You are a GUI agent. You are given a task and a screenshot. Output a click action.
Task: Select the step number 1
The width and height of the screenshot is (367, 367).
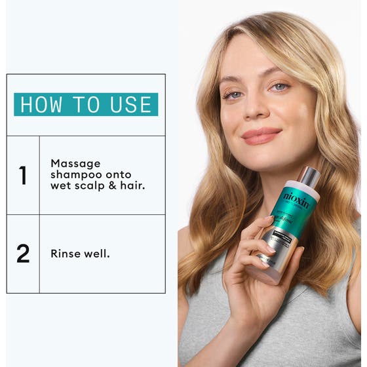[23, 175]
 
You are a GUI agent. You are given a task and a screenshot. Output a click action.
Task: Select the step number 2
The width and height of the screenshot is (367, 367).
[23, 254]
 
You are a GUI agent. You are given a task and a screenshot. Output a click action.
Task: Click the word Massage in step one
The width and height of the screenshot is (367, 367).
[75, 163]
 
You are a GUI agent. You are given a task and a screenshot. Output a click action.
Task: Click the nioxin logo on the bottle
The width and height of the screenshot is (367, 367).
[297, 199]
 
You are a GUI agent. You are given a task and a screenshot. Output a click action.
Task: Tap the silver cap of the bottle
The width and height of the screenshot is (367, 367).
[309, 177]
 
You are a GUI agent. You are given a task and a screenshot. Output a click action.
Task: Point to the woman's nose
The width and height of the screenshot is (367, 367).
[259, 108]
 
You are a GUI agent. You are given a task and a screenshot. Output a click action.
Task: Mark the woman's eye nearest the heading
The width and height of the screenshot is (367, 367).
[233, 94]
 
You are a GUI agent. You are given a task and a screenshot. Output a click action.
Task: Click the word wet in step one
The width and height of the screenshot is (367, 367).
[61, 186]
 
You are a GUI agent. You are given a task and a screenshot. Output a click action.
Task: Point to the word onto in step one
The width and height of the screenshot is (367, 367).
[119, 174]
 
